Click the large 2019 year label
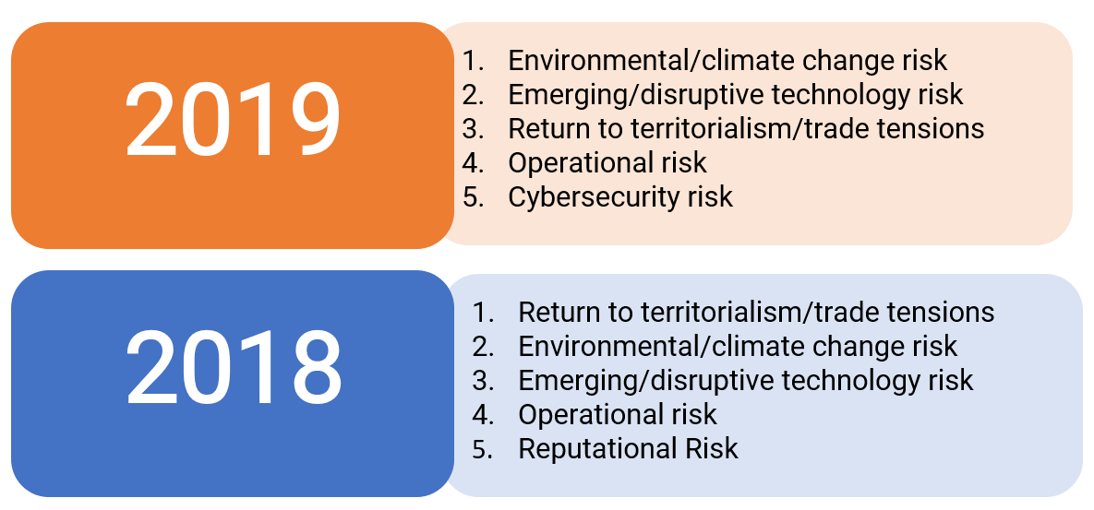click(x=233, y=119)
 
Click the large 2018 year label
click(x=233, y=368)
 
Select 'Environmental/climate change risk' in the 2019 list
click(x=727, y=61)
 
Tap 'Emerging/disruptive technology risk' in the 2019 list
click(x=736, y=95)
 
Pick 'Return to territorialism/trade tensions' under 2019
click(x=746, y=129)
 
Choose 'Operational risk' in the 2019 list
click(x=607, y=163)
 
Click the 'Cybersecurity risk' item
click(x=620, y=197)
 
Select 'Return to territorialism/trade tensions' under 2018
click(x=756, y=312)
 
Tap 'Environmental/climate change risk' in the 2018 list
click(x=739, y=346)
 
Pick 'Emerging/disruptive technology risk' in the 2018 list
click(x=746, y=380)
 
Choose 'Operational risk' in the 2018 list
click(x=618, y=415)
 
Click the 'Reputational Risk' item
click(x=628, y=449)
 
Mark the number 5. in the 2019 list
click(x=473, y=197)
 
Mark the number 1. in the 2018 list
click(x=483, y=312)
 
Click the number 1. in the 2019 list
click(x=473, y=61)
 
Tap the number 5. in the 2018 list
click(x=483, y=449)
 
